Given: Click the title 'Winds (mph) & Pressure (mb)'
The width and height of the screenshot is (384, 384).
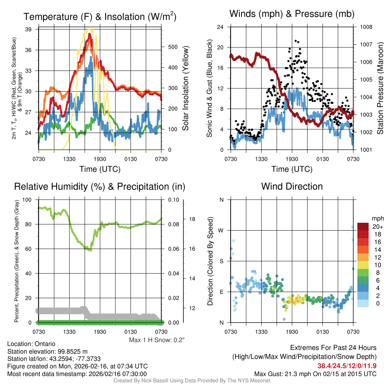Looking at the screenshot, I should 292,14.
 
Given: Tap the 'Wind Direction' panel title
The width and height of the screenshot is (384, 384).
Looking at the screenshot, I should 292,186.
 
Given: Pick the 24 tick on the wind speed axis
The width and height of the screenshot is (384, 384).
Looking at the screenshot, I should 220,27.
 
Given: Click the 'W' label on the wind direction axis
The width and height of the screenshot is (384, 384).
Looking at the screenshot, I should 221,230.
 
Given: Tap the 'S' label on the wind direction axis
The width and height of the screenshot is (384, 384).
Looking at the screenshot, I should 221,261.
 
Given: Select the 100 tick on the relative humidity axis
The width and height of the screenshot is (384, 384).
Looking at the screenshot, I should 27,199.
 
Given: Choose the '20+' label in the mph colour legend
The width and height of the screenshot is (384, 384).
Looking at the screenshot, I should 376,227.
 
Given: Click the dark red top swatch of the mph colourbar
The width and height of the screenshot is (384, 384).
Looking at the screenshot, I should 364,226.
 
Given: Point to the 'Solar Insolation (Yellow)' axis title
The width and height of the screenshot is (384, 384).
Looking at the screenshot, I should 186,88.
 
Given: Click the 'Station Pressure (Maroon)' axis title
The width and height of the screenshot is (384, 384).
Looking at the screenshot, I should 379,88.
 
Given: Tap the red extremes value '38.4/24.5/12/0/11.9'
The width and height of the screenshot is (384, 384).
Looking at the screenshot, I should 347,366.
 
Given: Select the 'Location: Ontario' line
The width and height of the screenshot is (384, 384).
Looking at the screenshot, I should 31,344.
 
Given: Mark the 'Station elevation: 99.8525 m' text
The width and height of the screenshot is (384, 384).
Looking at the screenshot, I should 47,351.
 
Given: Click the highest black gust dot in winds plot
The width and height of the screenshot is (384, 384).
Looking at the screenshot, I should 296,40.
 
